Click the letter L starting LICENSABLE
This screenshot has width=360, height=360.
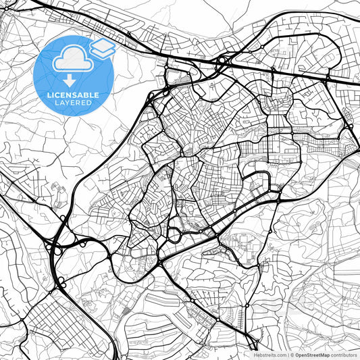(x=47, y=95)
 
